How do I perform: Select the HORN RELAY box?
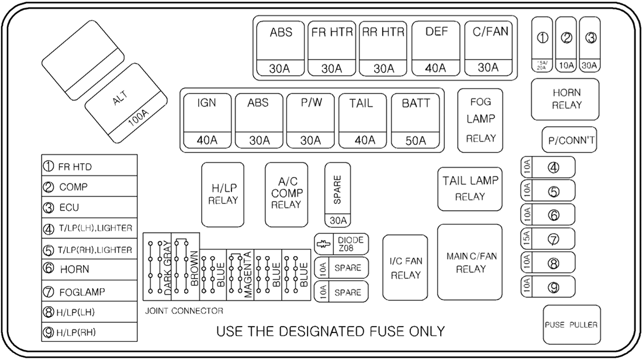[566, 99]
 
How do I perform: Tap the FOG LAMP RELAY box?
[480, 120]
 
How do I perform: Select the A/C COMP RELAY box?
[286, 194]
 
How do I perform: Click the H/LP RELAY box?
[223, 194]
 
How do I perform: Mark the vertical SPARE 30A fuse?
[337, 195]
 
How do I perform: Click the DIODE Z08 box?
[341, 244]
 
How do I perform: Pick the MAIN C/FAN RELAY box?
[470, 262]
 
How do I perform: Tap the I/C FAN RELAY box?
[406, 267]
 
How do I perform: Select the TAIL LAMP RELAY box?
[470, 188]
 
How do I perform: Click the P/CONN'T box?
[569, 140]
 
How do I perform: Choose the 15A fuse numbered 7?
[547, 238]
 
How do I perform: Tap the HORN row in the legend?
[89, 270]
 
